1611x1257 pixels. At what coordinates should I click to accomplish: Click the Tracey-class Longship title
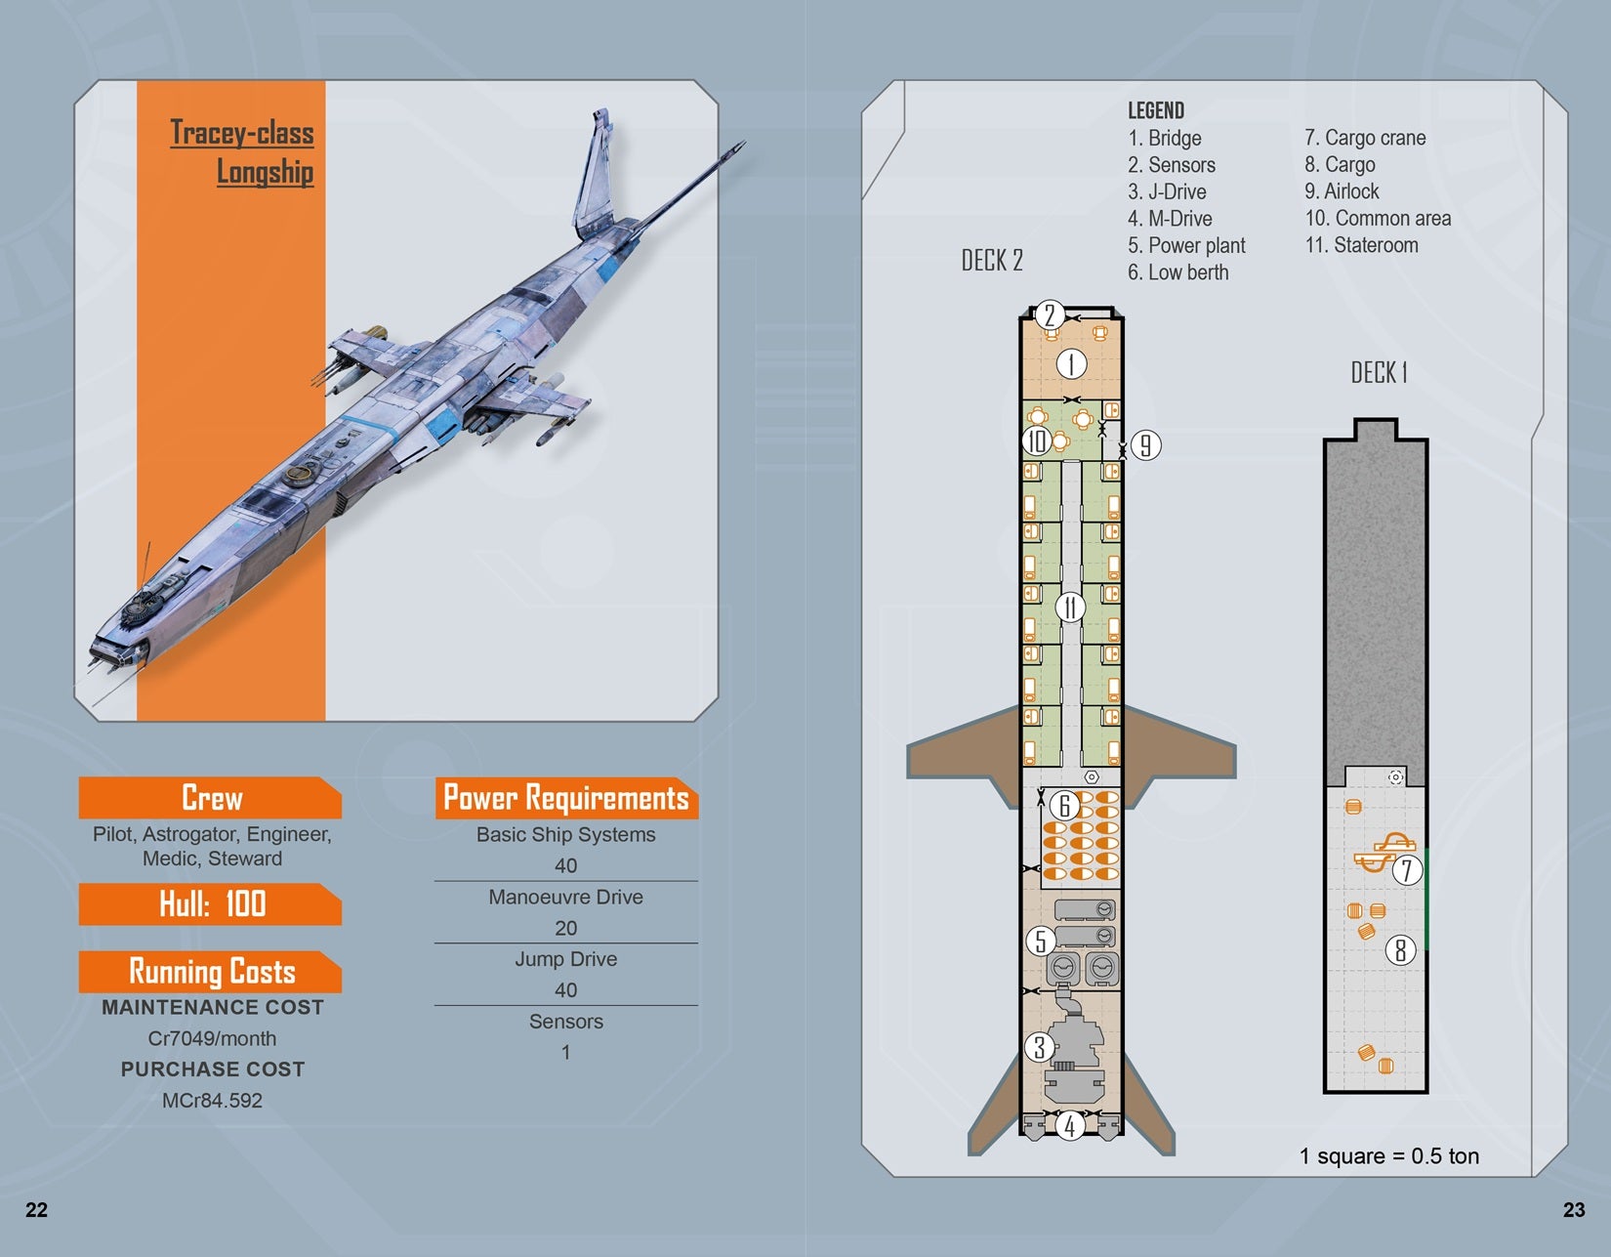242,151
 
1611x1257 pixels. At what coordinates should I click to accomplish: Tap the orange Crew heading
211,798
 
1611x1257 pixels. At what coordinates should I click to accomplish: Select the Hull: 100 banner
211,903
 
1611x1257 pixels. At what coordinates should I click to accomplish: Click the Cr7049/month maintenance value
212,1038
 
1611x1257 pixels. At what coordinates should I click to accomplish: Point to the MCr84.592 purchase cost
212,1100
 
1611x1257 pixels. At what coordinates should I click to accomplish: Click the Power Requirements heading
565,798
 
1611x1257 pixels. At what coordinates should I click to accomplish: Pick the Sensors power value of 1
565,1052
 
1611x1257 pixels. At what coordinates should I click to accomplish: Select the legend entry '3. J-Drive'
1167,191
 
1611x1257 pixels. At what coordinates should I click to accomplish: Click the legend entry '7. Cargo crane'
1365,138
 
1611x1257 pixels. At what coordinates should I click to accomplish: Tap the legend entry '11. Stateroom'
1361,245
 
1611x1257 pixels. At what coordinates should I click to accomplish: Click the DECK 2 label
991,261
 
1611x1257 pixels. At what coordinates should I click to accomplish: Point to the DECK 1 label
1379,372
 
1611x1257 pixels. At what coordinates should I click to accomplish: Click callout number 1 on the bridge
1071,364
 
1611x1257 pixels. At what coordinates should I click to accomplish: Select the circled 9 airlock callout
1145,445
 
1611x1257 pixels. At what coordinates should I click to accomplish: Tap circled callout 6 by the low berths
1064,806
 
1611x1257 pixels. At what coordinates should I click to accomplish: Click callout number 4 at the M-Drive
1070,1126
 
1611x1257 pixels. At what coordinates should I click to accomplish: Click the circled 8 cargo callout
1400,949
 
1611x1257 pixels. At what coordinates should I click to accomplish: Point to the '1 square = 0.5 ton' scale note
1388,1156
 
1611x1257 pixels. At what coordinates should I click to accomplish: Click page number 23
1574,1210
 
